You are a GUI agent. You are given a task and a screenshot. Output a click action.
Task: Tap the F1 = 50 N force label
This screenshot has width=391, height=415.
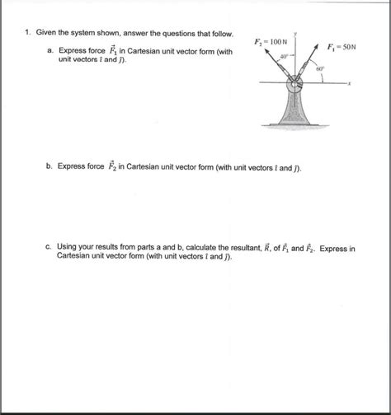click(342, 46)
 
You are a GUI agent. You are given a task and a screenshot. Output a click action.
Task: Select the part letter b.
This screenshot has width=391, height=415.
click(49, 166)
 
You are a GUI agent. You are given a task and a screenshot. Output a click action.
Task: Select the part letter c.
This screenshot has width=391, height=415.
click(49, 247)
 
